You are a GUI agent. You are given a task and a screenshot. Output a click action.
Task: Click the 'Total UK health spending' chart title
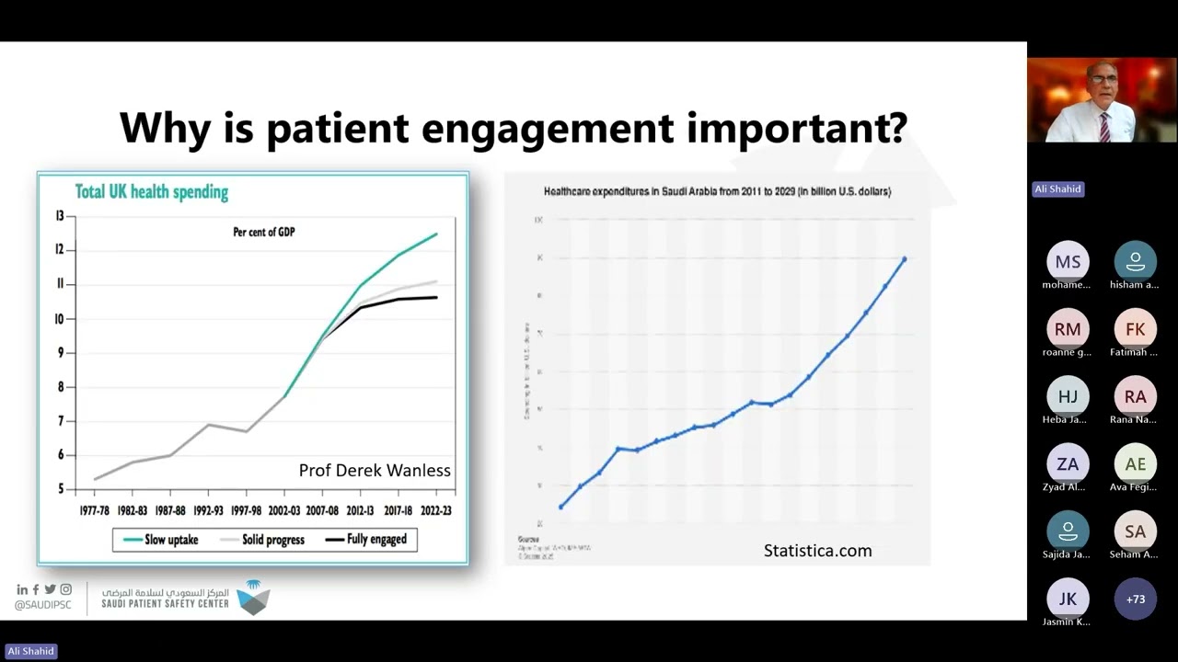point(151,192)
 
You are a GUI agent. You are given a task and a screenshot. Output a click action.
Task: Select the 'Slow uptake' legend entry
point(171,540)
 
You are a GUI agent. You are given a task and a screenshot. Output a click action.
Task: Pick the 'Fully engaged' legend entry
point(376,540)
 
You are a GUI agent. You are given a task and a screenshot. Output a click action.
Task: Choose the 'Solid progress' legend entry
point(272,540)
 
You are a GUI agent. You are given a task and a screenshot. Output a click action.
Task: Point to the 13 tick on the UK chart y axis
point(60,216)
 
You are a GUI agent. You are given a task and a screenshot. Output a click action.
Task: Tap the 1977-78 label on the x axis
point(96,510)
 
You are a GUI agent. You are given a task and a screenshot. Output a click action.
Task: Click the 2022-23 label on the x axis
point(435,510)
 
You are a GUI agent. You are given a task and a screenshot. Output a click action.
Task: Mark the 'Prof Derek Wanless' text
point(375,471)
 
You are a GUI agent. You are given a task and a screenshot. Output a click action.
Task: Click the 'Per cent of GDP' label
point(264,233)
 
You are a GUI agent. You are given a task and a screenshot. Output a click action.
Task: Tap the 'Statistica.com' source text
point(817,551)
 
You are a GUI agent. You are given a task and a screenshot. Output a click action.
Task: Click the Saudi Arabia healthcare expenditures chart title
point(717,191)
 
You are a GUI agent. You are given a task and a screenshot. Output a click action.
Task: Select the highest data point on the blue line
point(905,259)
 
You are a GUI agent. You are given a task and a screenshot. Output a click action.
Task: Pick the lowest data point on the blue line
point(561,507)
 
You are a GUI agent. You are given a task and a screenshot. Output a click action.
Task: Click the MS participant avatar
point(1068,262)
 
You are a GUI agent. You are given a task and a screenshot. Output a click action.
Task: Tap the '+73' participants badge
point(1135,599)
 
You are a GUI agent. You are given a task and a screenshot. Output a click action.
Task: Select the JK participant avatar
point(1068,599)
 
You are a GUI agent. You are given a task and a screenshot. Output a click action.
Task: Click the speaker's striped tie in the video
point(1104,126)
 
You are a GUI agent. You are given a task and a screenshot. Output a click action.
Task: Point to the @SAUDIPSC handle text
point(43,605)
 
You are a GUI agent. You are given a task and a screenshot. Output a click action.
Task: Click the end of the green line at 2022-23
point(436,234)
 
